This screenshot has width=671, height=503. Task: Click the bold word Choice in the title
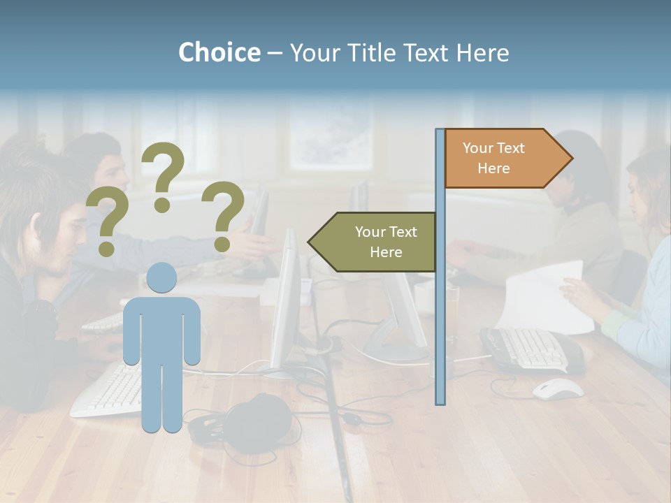coord(219,52)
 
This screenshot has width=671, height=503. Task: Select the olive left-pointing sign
coord(374,242)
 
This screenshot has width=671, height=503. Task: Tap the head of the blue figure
coord(161,277)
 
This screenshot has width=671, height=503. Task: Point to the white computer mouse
coord(558,388)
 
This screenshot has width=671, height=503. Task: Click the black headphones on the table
coord(252,423)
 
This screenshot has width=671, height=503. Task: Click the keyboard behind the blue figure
coord(105,391)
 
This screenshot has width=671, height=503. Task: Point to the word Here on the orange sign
coord(493,168)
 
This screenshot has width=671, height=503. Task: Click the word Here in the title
coord(482,52)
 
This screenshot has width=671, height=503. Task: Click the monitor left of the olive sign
coord(287,300)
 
